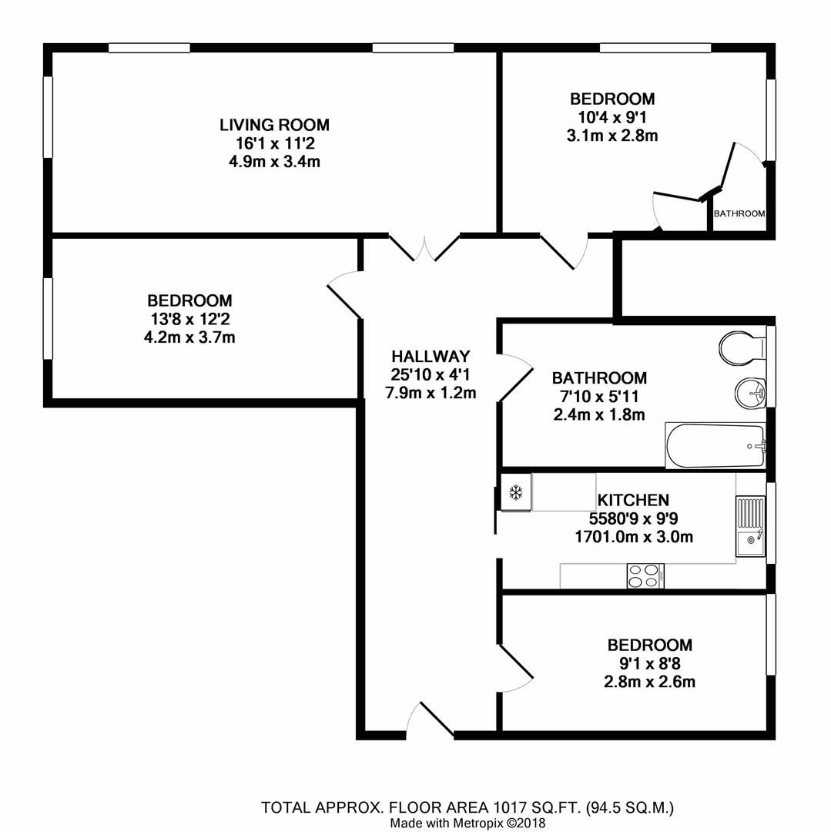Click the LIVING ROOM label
274,125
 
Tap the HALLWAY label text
431,357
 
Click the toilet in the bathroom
740,347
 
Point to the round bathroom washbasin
749,393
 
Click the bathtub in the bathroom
715,446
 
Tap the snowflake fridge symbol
515,492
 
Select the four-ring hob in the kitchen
646,575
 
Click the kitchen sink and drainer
750,526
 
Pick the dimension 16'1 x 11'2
274,143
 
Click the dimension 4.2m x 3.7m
189,337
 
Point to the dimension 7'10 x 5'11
599,397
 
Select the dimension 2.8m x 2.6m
649,682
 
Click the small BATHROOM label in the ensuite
739,213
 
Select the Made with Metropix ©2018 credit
467,823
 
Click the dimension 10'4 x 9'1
612,117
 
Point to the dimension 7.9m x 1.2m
431,392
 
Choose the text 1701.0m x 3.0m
633,537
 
